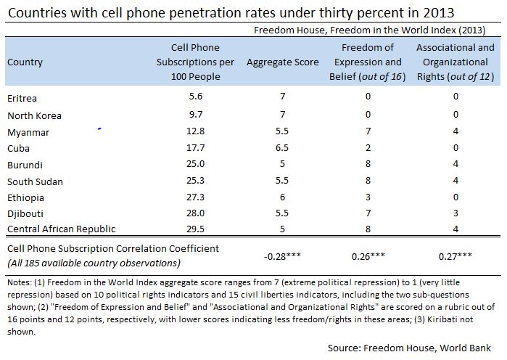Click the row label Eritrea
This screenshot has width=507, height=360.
tap(22, 98)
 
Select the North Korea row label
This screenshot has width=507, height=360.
tap(34, 115)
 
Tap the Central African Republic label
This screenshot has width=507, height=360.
tap(62, 229)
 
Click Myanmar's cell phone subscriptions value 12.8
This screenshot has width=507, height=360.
tap(195, 131)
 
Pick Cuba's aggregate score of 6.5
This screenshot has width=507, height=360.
tap(282, 147)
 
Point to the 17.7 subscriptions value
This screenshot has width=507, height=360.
tap(195, 147)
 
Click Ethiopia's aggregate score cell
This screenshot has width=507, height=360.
tap(282, 197)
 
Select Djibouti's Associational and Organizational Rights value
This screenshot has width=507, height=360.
tap(456, 213)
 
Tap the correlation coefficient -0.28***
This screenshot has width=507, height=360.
tap(282, 255)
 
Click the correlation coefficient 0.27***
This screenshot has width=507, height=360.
tap(456, 255)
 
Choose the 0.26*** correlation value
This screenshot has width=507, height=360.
tap(372, 255)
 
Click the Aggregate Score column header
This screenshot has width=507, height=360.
tap(282, 62)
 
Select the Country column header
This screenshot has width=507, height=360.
tap(25, 62)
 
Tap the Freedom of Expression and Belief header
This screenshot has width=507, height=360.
tap(372, 62)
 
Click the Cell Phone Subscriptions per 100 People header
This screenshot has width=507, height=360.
tap(195, 62)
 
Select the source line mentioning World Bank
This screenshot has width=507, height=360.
tap(408, 348)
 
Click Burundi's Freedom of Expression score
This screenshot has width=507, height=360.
tap(372, 164)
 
